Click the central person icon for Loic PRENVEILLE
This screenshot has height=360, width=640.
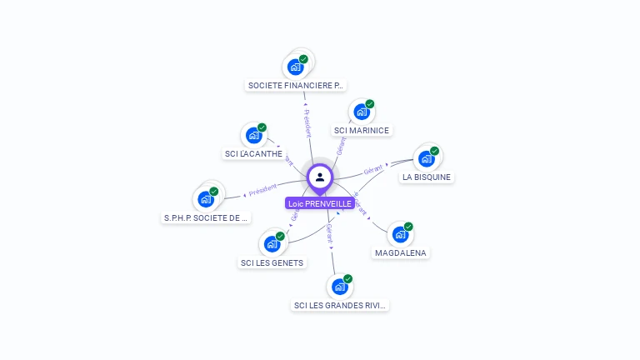pyautogui.click(x=320, y=177)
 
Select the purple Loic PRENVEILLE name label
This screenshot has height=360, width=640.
pyautogui.click(x=320, y=203)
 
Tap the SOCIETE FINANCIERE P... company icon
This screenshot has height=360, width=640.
pyautogui.click(x=295, y=66)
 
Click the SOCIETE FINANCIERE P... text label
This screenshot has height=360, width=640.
pyautogui.click(x=296, y=85)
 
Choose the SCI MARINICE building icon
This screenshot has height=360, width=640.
pyautogui.click(x=362, y=112)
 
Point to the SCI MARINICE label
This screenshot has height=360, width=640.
pyautogui.click(x=362, y=130)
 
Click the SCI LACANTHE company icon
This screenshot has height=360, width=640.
pyautogui.click(x=253, y=135)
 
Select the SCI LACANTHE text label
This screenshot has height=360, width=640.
pyautogui.click(x=253, y=153)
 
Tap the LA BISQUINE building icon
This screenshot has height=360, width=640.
pyautogui.click(x=427, y=158)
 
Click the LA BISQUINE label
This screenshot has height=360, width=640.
pyautogui.click(x=427, y=177)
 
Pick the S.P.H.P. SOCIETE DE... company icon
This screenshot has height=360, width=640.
pyautogui.click(x=205, y=199)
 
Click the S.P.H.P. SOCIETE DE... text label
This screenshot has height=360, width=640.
pyautogui.click(x=206, y=217)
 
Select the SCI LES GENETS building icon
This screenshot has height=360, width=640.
pyautogui.click(x=272, y=244)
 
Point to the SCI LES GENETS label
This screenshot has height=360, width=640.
pyautogui.click(x=272, y=262)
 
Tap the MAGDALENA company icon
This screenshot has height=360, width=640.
pyautogui.click(x=401, y=234)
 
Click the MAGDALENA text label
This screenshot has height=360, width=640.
pyautogui.click(x=401, y=252)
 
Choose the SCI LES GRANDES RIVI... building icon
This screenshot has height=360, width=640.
pyautogui.click(x=340, y=287)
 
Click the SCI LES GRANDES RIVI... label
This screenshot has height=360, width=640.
pyautogui.click(x=341, y=305)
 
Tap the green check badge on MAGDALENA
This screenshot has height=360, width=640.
pyautogui.click(x=408, y=227)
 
